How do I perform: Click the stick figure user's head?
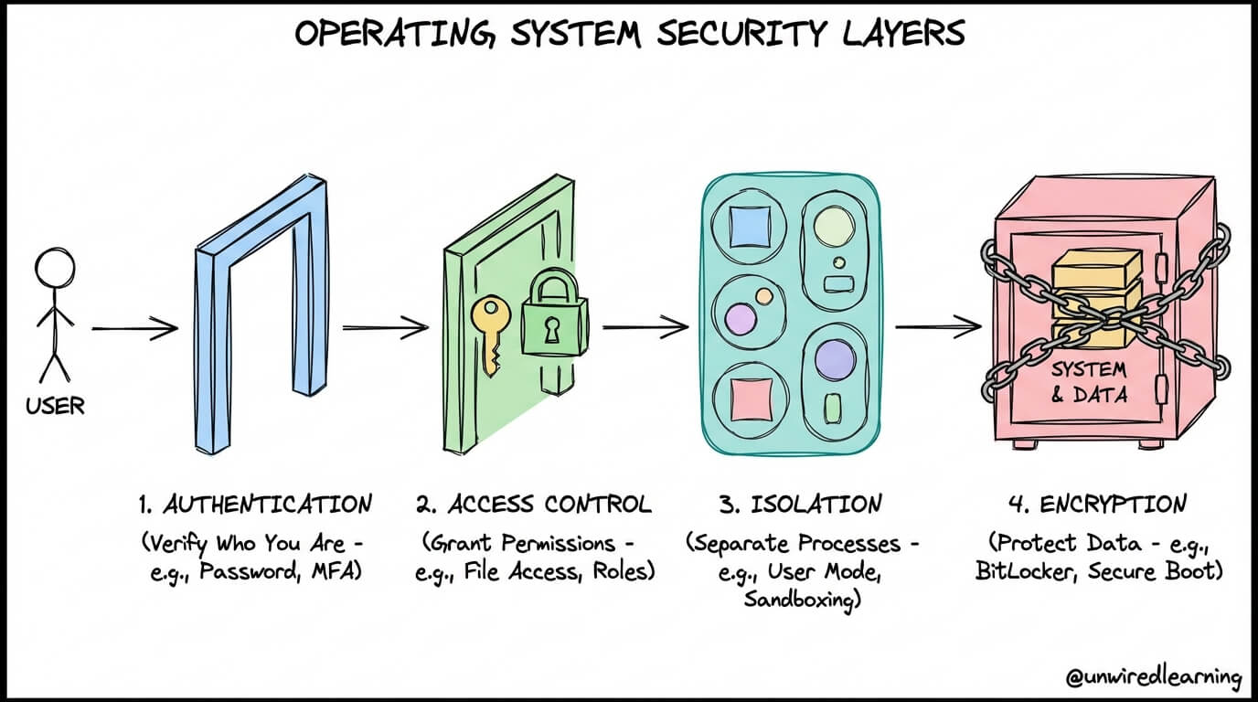coord(54,271)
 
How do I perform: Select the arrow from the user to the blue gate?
coord(134,328)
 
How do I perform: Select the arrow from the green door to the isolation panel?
coord(645,325)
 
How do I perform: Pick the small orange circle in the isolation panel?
coord(761,296)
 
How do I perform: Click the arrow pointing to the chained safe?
coord(937,325)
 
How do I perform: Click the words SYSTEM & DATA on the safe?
coord(1088,384)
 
